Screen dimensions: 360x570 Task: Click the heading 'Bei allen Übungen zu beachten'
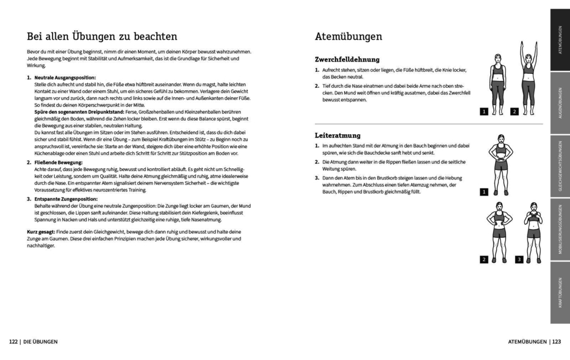pos(102,36)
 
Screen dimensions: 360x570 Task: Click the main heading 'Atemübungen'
pos(349,36)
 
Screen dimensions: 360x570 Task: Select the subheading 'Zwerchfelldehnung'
pos(347,59)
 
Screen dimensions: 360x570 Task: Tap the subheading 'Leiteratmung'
pos(338,135)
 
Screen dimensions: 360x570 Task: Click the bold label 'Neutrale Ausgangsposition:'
pos(65,78)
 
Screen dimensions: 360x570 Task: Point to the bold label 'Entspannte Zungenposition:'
pos(66,199)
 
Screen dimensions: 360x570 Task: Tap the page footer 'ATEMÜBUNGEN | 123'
pos(534,342)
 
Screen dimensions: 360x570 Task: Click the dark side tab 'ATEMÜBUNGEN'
pos(560,40)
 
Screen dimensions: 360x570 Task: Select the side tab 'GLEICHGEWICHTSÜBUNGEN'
pos(560,166)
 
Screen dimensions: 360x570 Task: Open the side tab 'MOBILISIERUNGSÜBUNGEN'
pos(560,230)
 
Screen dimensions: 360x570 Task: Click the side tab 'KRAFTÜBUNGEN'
pos(560,293)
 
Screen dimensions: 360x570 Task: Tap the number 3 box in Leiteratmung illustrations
pos(519,259)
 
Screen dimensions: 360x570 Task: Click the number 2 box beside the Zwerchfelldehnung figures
pos(514,112)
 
